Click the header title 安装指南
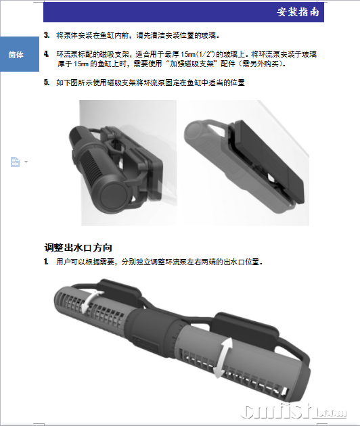click(298, 12)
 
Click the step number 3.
click(47, 35)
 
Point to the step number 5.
click(47, 82)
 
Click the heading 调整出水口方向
click(78, 247)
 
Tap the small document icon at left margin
click(16, 162)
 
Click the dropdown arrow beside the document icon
click(26, 162)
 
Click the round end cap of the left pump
click(114, 196)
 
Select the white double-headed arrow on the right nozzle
click(223, 358)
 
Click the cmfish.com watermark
click(294, 411)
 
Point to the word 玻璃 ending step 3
click(208, 35)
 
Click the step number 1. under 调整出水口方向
click(47, 262)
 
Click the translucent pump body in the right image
click(231, 163)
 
